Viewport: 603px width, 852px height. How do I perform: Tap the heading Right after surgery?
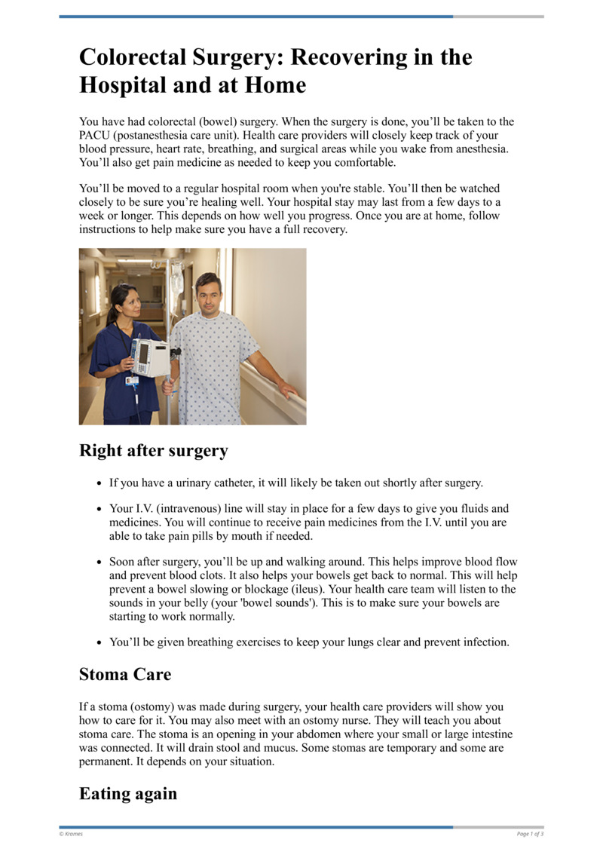point(153,451)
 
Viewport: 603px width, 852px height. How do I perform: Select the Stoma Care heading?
point(125,674)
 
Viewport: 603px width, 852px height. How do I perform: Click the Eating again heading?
point(128,793)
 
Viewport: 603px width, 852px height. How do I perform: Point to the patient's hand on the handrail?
point(287,389)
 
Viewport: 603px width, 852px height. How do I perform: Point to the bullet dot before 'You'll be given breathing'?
point(100,643)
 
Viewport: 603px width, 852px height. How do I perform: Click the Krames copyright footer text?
point(72,834)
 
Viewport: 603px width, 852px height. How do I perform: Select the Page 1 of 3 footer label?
point(530,834)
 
